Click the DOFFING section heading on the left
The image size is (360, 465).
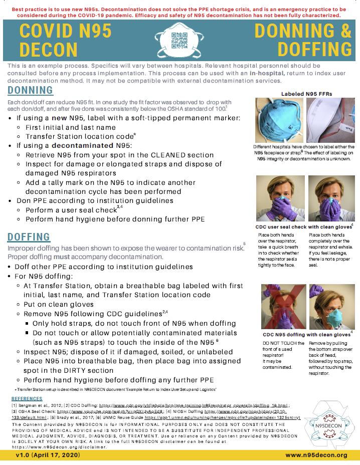point(29,237)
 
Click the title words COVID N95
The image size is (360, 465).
point(65,31)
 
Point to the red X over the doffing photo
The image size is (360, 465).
point(283,306)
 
